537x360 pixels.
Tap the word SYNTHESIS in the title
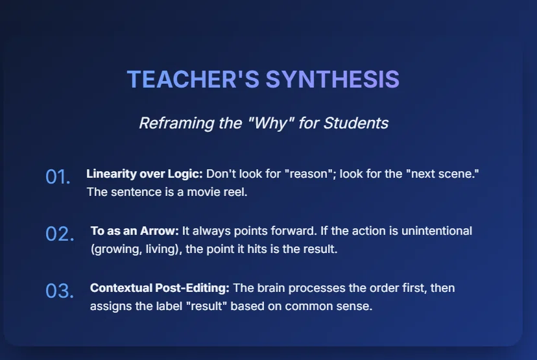pyautogui.click(x=333, y=79)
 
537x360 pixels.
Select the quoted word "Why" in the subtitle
pyautogui.click(x=270, y=123)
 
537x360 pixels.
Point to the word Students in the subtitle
pyautogui.click(x=356, y=123)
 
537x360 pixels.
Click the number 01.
pyautogui.click(x=58, y=176)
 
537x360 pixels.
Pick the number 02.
pyautogui.click(x=60, y=234)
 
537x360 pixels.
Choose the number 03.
pyautogui.click(x=60, y=291)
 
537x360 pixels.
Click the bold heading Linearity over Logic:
pyautogui.click(x=145, y=174)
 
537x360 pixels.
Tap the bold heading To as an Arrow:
pyautogui.click(x=135, y=231)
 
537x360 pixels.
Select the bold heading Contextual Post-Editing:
pyautogui.click(x=160, y=288)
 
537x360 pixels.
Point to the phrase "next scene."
pyautogui.click(x=442, y=174)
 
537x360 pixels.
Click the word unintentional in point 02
pyautogui.click(x=436, y=231)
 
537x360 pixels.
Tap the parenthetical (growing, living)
pyautogui.click(x=136, y=249)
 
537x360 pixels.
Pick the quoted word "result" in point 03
pyautogui.click(x=206, y=306)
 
